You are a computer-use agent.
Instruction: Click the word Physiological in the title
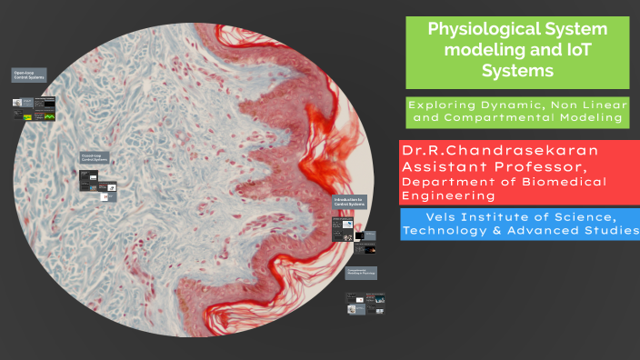click(478, 29)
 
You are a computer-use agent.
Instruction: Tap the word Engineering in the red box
click(448, 195)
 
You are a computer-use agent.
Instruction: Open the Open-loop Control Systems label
click(29, 75)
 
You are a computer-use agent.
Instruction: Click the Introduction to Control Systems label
click(348, 202)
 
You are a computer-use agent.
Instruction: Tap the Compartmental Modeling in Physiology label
click(360, 272)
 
